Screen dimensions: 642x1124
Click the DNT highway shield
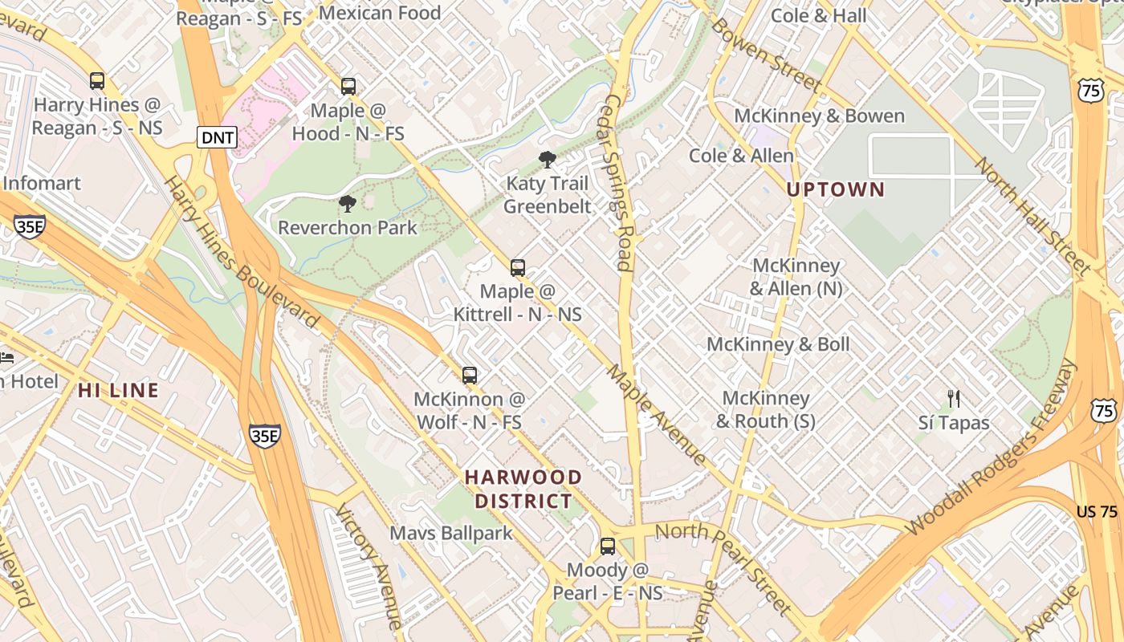point(218,137)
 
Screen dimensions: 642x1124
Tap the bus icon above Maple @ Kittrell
point(518,268)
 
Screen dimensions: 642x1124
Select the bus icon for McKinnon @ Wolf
point(470,375)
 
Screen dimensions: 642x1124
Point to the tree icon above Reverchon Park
point(348,204)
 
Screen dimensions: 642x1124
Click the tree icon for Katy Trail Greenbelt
point(548,160)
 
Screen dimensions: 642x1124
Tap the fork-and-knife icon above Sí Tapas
point(954,398)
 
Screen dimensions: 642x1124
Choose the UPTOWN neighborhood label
point(835,190)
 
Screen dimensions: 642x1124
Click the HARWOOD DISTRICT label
point(523,490)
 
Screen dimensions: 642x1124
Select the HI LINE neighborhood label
point(119,391)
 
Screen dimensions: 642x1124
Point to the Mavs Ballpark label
point(450,533)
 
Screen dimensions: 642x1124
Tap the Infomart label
point(42,183)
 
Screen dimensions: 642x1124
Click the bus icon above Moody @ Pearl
point(608,547)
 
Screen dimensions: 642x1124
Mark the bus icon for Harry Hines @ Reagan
point(97,81)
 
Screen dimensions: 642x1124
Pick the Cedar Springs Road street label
point(617,183)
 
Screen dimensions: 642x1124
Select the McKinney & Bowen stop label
point(819,116)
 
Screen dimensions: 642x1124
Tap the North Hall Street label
point(1032,216)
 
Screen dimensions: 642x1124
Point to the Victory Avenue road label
point(368,566)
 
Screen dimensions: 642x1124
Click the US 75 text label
point(1097,512)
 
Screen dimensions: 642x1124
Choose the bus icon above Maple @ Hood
point(348,87)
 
